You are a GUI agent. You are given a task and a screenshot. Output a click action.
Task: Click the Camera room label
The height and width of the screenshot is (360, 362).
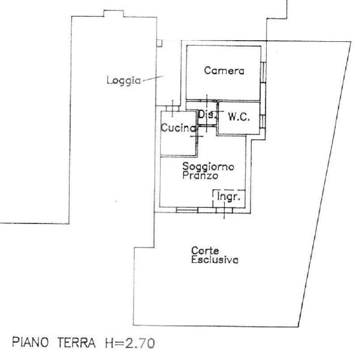[224, 71]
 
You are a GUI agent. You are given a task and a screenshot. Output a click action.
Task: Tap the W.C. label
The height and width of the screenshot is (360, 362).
[239, 117]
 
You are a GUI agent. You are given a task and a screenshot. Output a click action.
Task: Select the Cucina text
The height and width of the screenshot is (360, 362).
[178, 128]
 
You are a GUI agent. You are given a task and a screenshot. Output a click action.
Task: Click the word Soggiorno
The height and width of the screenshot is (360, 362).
[208, 167]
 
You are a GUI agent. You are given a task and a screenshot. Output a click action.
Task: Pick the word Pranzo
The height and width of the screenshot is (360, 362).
[200, 176]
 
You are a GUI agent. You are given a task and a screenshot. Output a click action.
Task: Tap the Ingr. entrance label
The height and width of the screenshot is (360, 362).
[228, 197]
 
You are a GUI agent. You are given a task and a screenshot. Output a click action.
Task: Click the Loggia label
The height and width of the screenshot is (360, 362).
[123, 81]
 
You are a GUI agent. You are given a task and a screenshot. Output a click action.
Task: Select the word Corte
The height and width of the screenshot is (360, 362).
[205, 250]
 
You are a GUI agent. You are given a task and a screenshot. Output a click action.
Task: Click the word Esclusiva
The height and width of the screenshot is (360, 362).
[215, 260]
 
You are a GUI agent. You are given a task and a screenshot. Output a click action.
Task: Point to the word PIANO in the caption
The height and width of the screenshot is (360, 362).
[30, 342]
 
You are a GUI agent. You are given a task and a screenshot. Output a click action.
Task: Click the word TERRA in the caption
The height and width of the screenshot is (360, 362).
[76, 343]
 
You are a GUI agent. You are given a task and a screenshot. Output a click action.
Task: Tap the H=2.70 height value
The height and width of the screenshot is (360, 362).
[130, 343]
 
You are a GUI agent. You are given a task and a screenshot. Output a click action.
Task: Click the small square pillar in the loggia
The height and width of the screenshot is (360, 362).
[159, 43]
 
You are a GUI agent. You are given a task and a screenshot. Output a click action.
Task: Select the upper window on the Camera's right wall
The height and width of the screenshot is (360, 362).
[263, 72]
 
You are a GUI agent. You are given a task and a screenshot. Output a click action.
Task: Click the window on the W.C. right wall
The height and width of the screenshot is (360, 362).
[263, 122]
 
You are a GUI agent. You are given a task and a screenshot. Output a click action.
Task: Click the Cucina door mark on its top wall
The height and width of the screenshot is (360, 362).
[173, 108]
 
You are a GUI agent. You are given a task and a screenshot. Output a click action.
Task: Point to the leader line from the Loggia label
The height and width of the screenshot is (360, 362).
[153, 78]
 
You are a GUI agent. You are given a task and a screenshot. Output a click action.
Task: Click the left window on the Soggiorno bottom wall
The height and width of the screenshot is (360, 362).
[187, 210]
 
